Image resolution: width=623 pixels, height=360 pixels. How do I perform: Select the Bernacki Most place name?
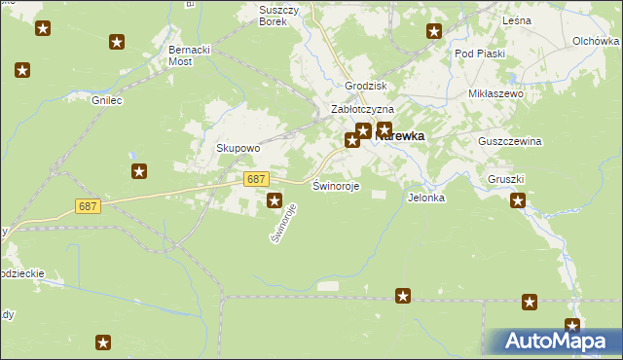194,54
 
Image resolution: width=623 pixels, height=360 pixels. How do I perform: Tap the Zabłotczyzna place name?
362,110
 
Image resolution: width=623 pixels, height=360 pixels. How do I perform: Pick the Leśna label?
516,19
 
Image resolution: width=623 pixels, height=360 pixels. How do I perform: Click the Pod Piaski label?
479,54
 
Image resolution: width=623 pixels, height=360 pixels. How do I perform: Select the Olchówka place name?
596,41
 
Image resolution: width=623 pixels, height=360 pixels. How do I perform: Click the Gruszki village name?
506,180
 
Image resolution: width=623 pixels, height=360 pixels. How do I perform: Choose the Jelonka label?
426,198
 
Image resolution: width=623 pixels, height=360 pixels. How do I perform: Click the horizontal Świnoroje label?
336,185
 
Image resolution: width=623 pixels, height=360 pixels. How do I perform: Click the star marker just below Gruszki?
518,201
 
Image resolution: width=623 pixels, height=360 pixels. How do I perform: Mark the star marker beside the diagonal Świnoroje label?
275,201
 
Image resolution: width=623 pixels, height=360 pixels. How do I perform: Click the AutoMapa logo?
555,341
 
